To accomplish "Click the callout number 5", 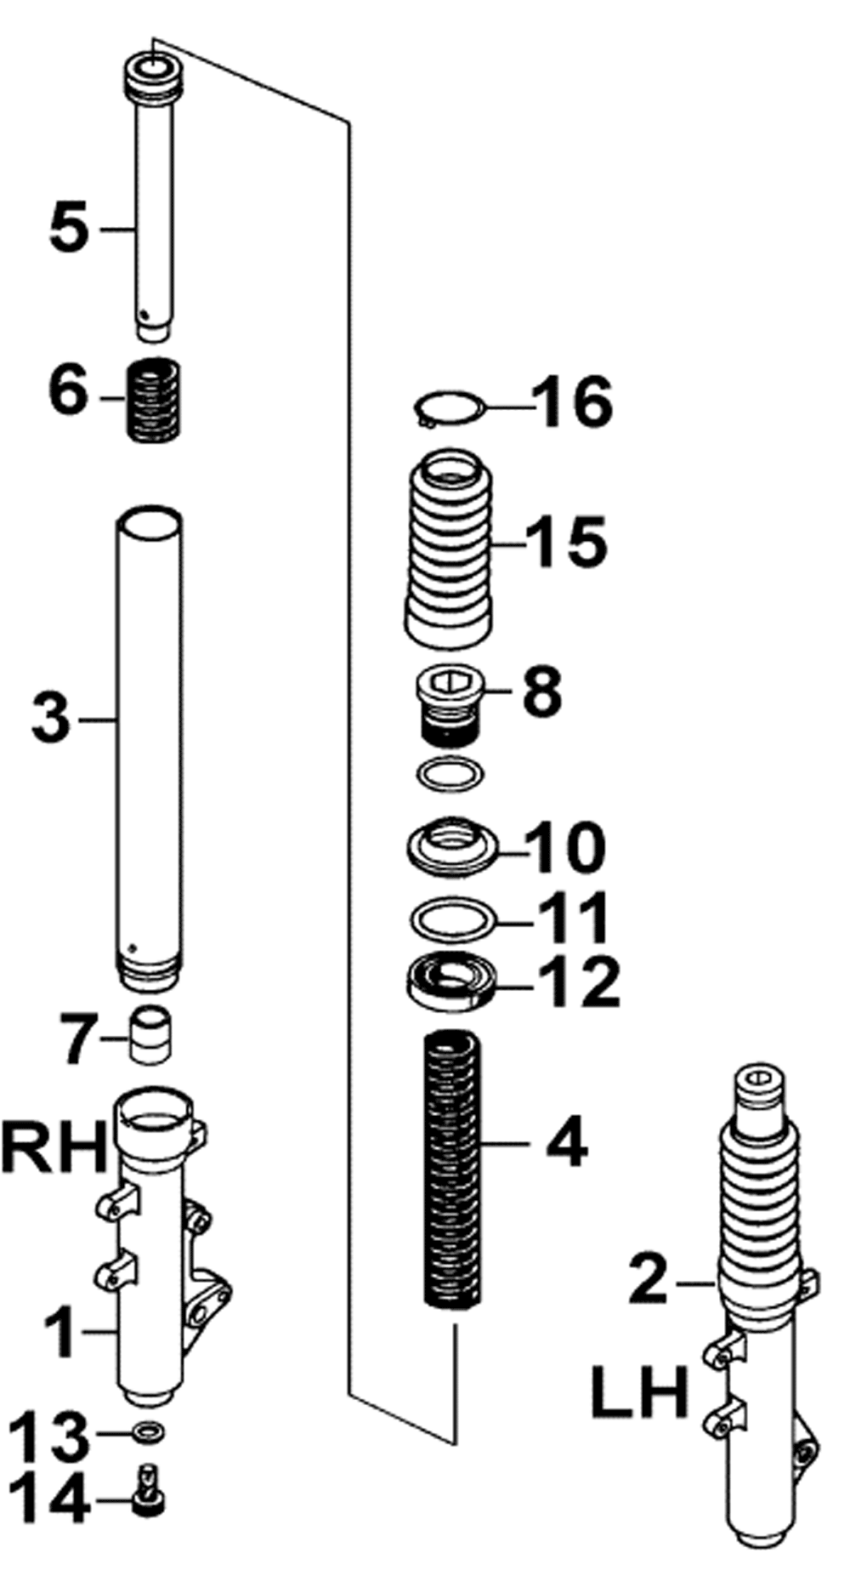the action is click(x=69, y=228).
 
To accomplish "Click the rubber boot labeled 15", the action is click(x=448, y=549).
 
